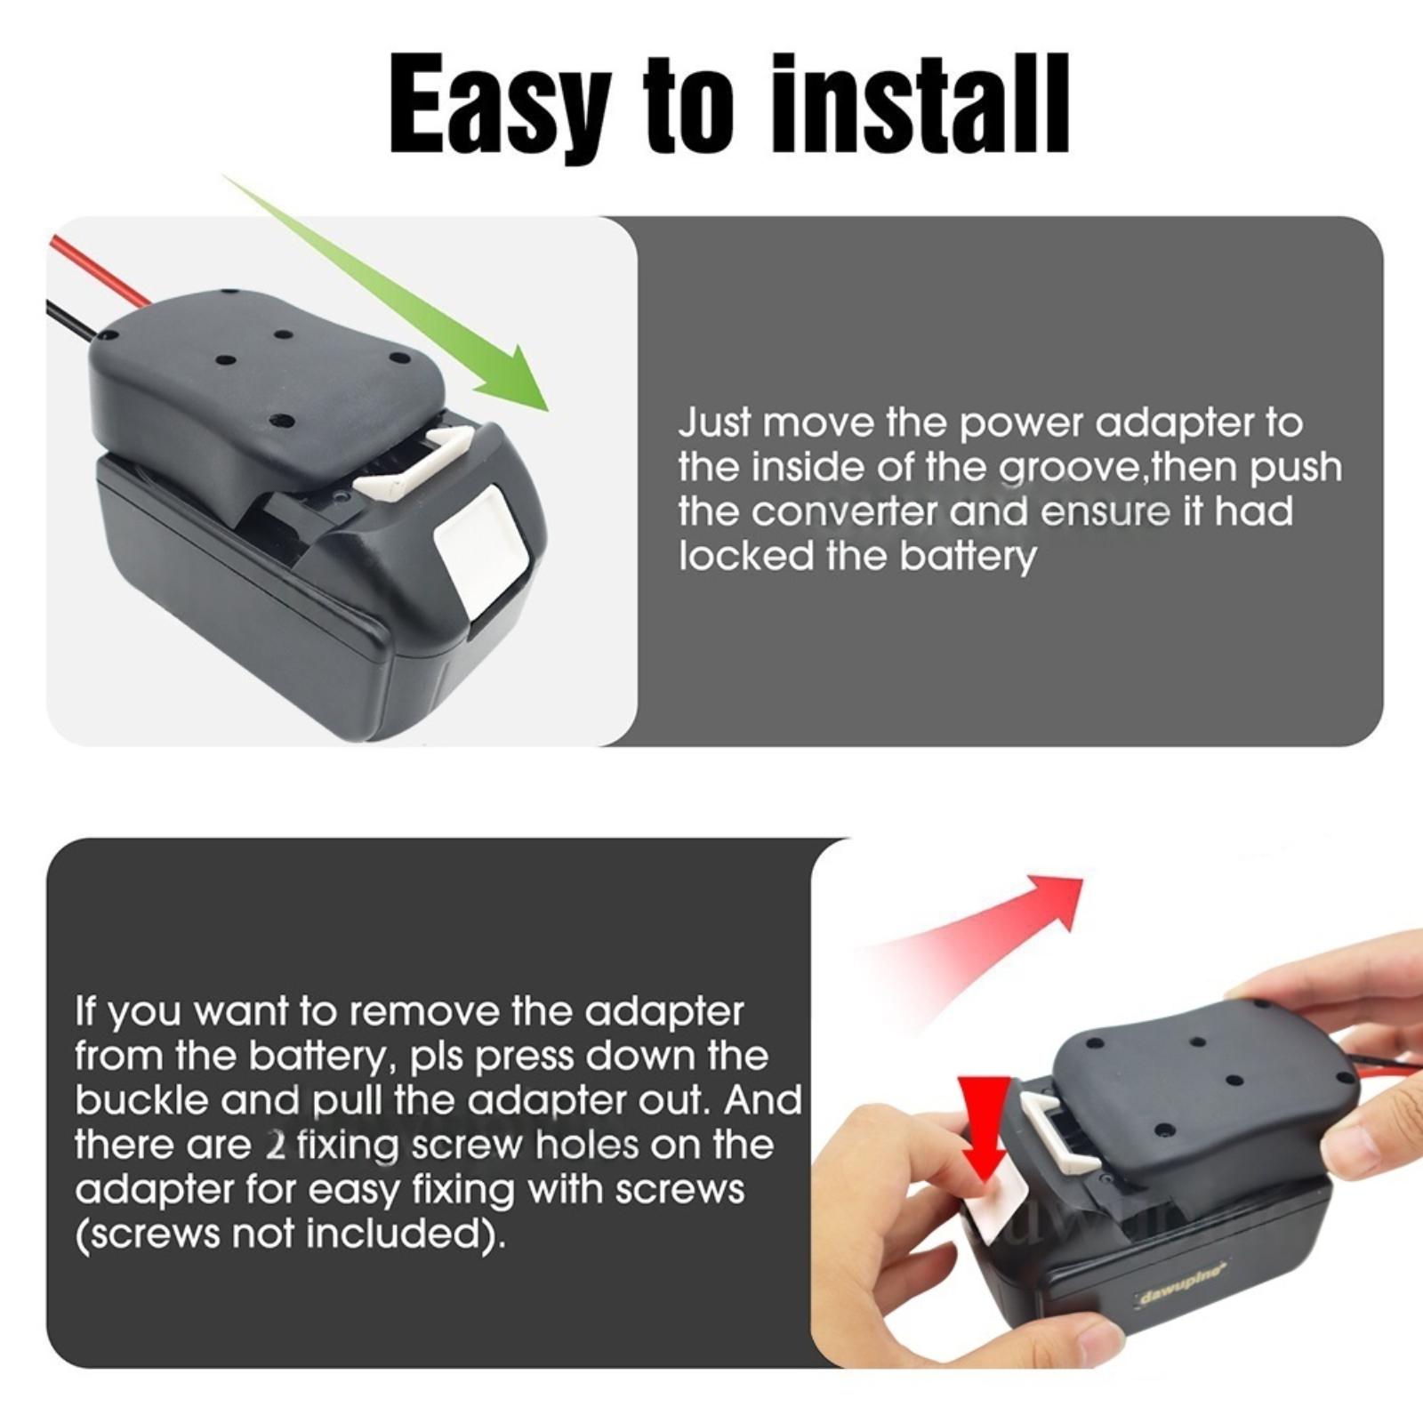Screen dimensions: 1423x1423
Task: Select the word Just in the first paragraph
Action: coord(715,423)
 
